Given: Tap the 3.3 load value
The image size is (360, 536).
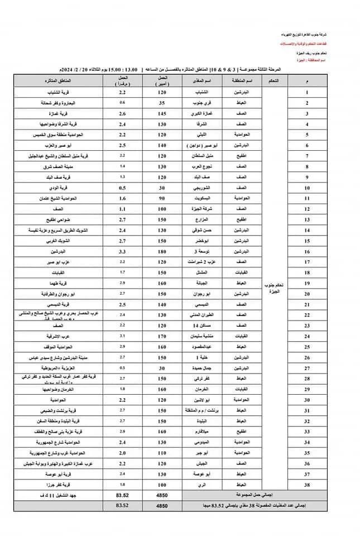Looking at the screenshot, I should point(122,252).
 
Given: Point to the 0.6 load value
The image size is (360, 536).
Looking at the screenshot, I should point(122,104).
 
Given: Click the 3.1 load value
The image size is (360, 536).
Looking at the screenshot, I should point(122,336).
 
